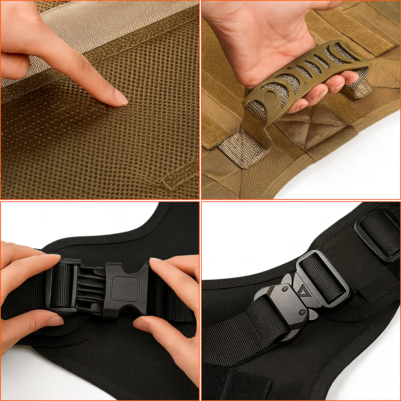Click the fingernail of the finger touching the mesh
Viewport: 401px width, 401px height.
click(x=120, y=97)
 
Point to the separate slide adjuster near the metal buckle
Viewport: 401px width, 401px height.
click(x=378, y=235)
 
